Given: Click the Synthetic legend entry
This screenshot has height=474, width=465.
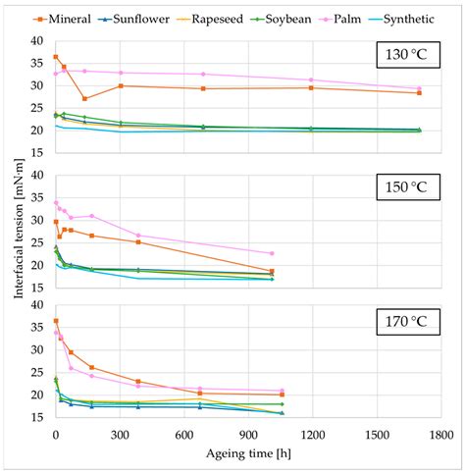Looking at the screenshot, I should point(407,19).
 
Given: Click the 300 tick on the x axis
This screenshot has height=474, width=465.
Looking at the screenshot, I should point(120,433).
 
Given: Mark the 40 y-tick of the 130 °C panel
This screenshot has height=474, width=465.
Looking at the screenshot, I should point(36,41).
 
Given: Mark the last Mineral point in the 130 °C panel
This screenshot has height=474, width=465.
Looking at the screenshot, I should point(419,92).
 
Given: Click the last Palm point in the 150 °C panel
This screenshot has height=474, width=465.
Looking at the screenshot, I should point(272,253).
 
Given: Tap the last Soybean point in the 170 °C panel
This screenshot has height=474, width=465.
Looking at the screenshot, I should point(282,404).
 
